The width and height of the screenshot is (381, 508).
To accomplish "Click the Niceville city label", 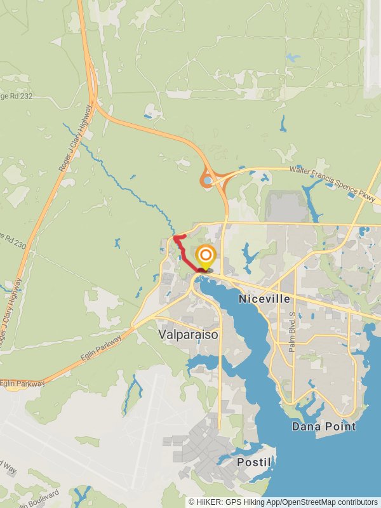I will (264, 298).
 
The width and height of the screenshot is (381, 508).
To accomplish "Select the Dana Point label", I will (324, 426).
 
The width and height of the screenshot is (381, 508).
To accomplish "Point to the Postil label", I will (254, 462).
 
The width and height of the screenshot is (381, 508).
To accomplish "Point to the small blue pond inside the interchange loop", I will (208, 180).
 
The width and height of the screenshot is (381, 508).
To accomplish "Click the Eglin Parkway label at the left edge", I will (22, 384).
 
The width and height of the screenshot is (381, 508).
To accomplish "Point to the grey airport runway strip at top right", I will (373, 51).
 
